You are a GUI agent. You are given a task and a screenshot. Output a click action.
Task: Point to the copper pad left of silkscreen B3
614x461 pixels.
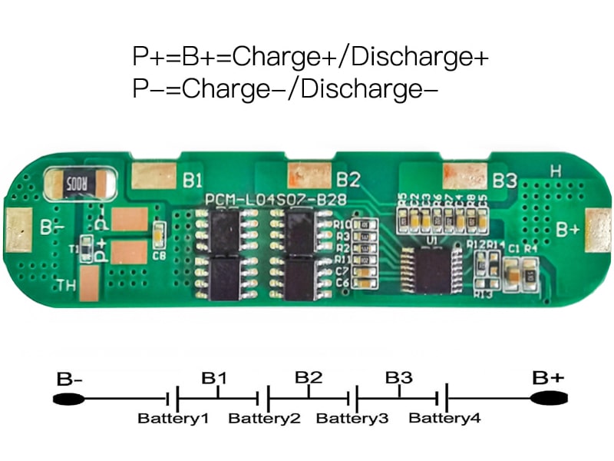(x=465, y=176)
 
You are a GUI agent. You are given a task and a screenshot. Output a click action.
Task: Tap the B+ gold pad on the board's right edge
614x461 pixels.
(x=598, y=228)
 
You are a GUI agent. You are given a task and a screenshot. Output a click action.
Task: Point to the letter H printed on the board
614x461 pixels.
(x=556, y=171)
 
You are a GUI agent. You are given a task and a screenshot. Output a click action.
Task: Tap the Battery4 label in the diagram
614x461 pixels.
(x=445, y=419)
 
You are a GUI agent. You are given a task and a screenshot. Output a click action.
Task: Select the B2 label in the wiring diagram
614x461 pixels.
(x=309, y=378)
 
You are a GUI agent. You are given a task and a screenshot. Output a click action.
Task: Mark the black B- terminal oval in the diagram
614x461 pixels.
(x=68, y=400)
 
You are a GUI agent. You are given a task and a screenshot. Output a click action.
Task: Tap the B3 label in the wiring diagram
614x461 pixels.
(x=399, y=378)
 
